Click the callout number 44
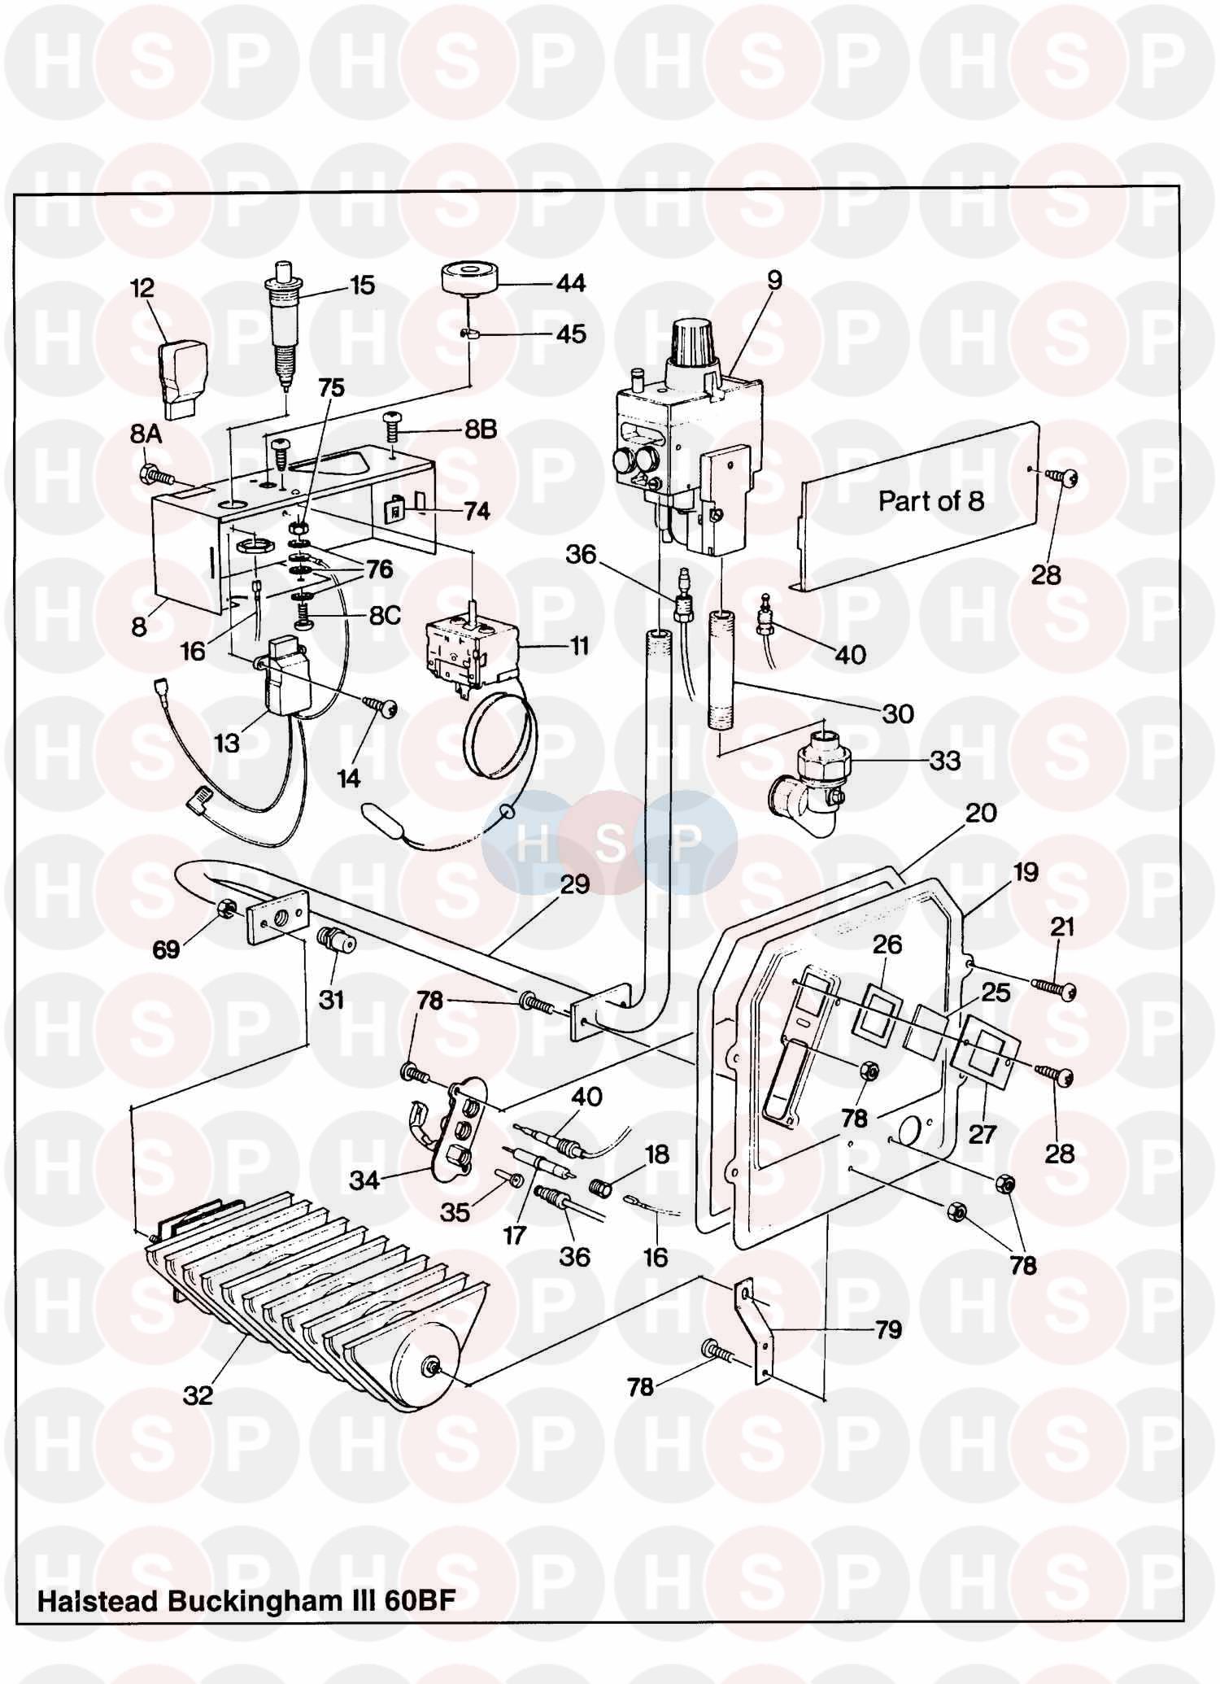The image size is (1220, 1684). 570,284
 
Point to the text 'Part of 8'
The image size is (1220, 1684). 930,501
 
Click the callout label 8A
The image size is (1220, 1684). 146,435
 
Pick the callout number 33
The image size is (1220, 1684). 944,761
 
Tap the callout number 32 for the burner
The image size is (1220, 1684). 198,1396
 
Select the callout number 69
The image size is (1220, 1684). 166,949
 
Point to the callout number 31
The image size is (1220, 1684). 330,999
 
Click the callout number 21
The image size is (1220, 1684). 1062,927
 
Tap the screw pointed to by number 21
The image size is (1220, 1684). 1054,987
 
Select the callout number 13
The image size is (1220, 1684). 227,743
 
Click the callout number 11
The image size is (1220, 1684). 579,646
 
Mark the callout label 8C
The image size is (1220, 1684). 385,615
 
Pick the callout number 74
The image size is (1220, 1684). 477,511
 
